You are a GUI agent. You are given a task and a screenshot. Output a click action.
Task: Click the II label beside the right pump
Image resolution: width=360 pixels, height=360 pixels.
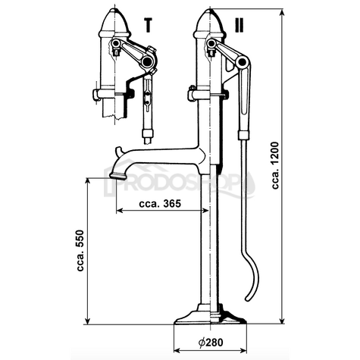coord(239,24)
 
